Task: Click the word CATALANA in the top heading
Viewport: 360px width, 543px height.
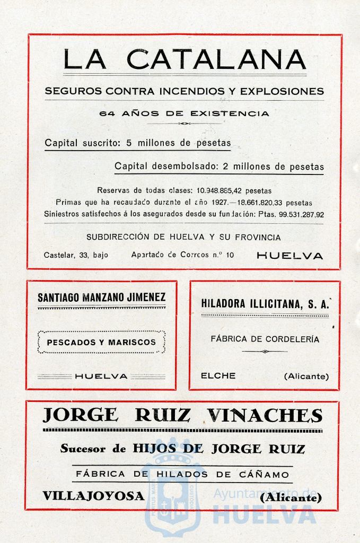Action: (216, 59)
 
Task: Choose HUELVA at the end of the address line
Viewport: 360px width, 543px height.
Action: (289, 256)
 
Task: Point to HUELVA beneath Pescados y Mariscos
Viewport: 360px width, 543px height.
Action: (101, 376)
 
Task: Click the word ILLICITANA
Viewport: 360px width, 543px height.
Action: (271, 304)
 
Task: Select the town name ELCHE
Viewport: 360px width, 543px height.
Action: (218, 376)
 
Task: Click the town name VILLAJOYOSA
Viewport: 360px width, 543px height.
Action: (93, 496)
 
